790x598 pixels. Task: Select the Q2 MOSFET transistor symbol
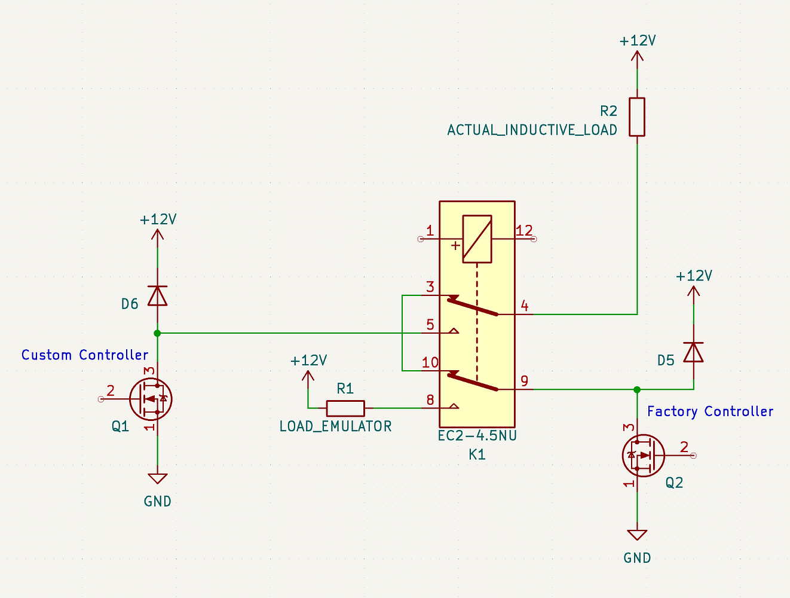[643, 455]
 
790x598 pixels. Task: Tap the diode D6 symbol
[157, 295]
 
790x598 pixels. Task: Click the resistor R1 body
[345, 408]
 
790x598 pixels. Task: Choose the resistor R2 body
[637, 117]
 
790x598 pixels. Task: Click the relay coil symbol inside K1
[477, 239]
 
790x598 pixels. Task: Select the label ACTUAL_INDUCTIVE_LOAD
[532, 130]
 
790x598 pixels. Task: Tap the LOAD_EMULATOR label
[335, 426]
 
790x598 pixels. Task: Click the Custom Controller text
[85, 355]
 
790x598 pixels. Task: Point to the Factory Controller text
[710, 411]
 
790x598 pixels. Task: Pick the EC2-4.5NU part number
[477, 436]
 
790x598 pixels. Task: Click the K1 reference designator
[477, 454]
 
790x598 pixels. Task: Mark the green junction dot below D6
[157, 333]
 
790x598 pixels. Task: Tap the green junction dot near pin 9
[637, 389]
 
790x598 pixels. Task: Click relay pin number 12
[524, 231]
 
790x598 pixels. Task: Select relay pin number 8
[430, 400]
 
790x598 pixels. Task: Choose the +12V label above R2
[638, 41]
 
